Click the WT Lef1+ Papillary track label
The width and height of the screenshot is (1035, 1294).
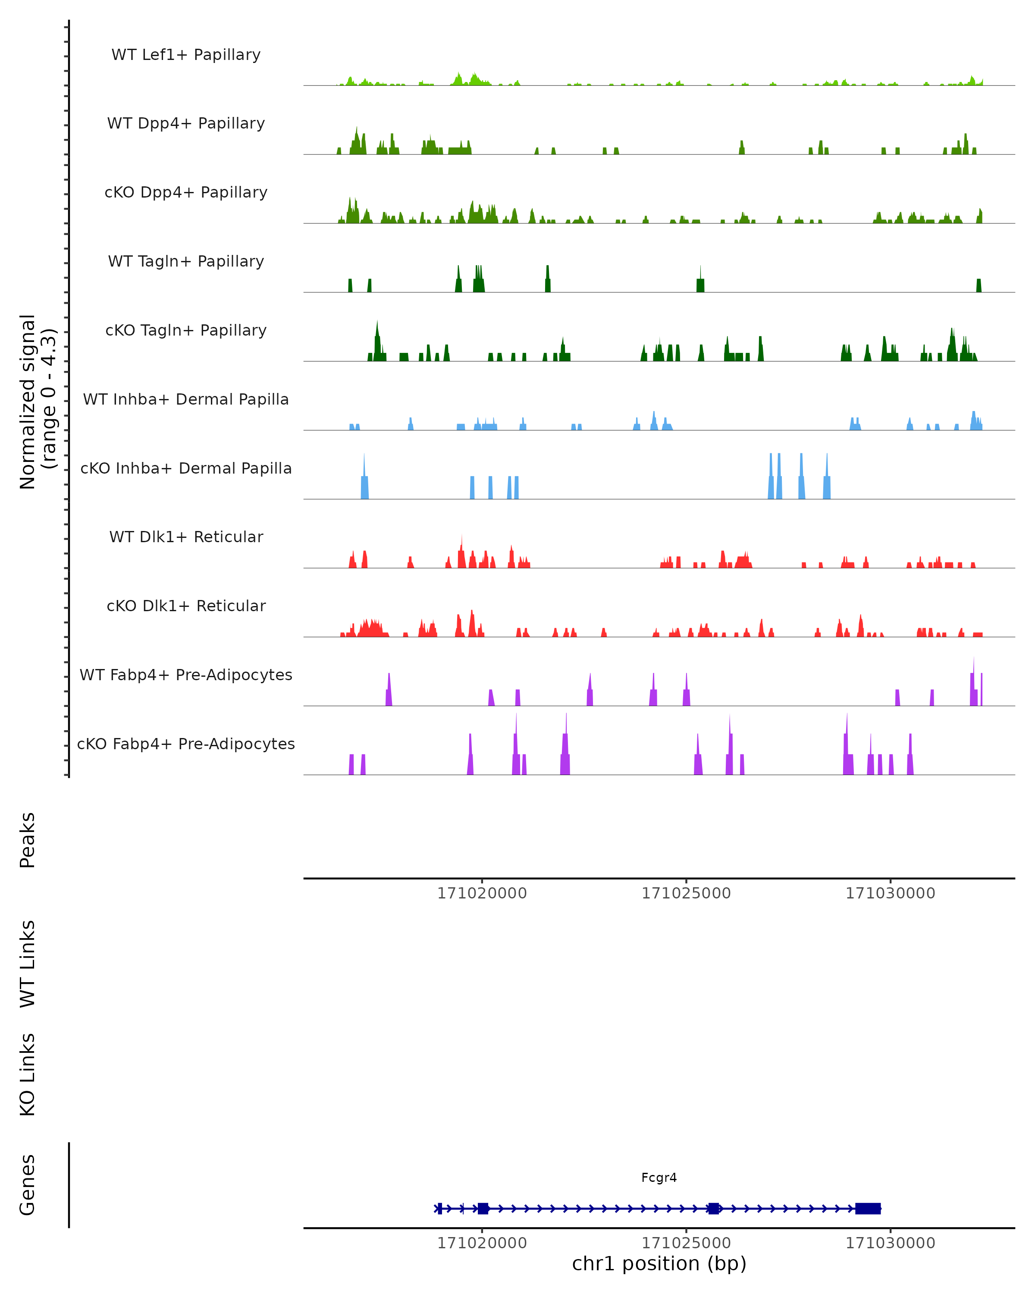186,55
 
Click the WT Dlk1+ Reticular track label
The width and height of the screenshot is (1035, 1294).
186,537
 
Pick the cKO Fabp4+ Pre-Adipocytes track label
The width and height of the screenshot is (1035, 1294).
186,744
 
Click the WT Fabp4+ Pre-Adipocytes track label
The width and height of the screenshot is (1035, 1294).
186,675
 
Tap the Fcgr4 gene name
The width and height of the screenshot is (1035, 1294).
659,1178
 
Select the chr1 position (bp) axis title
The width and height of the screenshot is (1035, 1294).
659,1263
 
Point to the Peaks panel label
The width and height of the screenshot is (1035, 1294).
28,840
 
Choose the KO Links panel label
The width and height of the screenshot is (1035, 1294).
28,1074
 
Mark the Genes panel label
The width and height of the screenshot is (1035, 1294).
28,1185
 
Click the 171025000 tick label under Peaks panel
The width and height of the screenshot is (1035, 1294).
686,893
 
